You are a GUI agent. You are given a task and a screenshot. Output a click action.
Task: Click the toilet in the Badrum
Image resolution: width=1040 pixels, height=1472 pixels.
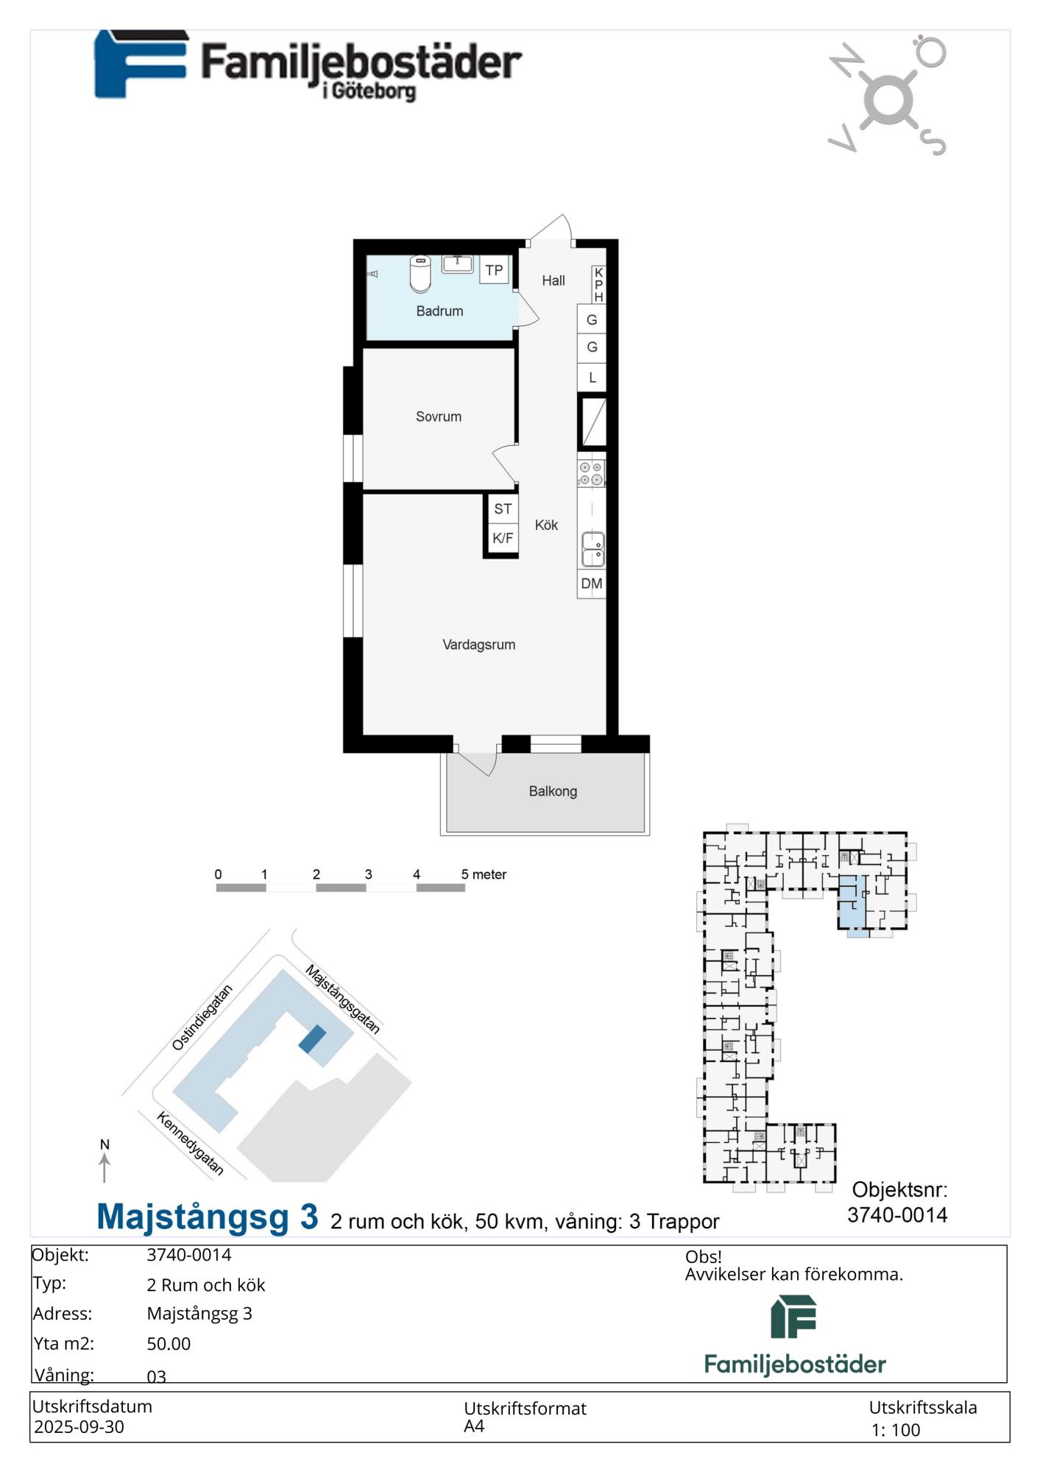coord(420,274)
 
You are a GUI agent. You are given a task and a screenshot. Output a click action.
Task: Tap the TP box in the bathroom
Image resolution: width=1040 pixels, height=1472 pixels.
coord(494,270)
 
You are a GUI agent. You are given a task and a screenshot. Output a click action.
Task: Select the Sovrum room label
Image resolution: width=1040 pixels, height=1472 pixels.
coord(439,417)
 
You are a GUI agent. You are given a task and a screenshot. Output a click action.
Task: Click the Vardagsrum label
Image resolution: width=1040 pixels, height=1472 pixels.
coord(478,645)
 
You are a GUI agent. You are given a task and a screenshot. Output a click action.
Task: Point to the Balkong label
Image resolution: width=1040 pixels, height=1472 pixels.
coord(553,791)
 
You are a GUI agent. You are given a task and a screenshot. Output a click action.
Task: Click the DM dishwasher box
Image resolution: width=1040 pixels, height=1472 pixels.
coord(592,584)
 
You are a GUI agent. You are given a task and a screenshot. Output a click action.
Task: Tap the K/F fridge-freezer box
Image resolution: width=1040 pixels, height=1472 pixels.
coord(503,538)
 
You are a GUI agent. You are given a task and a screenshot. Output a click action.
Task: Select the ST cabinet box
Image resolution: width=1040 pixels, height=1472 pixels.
coord(503,509)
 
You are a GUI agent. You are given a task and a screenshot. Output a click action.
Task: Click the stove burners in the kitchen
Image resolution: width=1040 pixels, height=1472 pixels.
coord(591,473)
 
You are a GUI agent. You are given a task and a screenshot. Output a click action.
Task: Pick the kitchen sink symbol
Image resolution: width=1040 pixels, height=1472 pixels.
coord(593,549)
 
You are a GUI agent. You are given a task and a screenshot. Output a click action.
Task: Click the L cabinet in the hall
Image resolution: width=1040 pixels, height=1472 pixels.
coord(592,378)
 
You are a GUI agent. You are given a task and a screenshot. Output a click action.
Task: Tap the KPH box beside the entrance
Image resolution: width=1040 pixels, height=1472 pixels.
coord(598,285)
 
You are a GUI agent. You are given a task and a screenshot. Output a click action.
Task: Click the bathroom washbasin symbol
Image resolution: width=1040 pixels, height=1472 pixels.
coord(457,263)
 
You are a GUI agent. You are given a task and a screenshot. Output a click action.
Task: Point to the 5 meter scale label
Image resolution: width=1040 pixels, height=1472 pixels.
coord(484,874)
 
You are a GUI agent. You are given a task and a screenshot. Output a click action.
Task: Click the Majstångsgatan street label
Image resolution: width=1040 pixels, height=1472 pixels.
coord(343,999)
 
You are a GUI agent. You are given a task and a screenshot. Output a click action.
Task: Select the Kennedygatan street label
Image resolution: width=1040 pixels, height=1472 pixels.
coord(190,1144)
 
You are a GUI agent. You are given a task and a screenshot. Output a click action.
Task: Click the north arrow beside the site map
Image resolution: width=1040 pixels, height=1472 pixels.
coord(105,1167)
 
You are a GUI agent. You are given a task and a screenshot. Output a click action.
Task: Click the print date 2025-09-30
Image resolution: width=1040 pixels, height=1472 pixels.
coord(79,1426)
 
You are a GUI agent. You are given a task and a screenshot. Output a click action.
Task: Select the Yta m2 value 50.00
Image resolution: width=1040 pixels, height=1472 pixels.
coord(169,1344)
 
